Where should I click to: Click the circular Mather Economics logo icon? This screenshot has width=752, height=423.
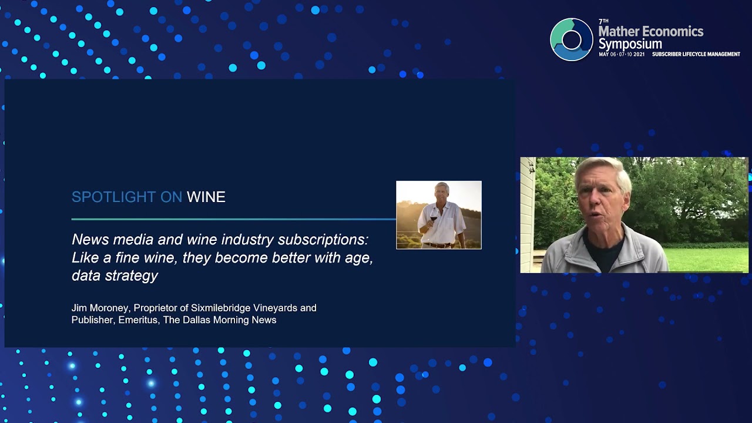tap(571, 39)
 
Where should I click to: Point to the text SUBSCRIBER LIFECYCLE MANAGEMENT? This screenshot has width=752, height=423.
tap(696, 55)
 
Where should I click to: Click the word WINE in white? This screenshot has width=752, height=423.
tap(206, 197)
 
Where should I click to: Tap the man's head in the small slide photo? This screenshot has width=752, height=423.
tap(441, 192)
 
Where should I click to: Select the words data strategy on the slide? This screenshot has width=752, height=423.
tap(115, 275)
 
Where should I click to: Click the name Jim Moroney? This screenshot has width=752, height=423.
tap(99, 308)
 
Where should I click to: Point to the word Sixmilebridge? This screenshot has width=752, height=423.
tap(219, 308)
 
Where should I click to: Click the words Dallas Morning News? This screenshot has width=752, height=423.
tap(239, 320)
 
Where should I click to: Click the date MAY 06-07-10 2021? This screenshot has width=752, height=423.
tap(621, 55)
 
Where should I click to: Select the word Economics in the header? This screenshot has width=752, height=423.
tap(670, 31)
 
